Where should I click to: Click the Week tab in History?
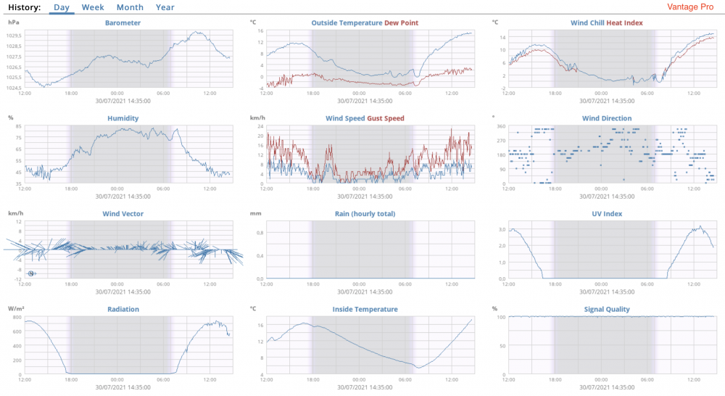[92, 7]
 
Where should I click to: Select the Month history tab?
[130, 7]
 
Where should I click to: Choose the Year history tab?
[165, 7]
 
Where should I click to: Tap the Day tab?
[62, 7]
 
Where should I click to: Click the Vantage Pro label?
[690, 7]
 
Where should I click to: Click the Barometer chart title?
[123, 22]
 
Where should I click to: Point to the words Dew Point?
[402, 22]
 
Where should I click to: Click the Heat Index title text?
[624, 22]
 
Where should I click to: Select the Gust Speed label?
[386, 118]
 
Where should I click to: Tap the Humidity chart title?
[123, 118]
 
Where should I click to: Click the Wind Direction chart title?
[607, 118]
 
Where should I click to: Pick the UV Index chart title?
[607, 214]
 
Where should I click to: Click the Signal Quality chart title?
[607, 309]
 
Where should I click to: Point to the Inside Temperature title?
[365, 309]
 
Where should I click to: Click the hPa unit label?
[14, 22]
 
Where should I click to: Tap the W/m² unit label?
[16, 309]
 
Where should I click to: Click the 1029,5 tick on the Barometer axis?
[14, 36]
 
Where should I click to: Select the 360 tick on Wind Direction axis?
[500, 127]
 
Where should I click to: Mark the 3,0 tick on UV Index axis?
[500, 230]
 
